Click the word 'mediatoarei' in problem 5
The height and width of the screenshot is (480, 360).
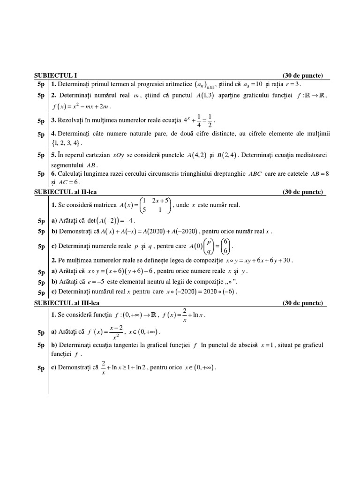coord(311,155)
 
